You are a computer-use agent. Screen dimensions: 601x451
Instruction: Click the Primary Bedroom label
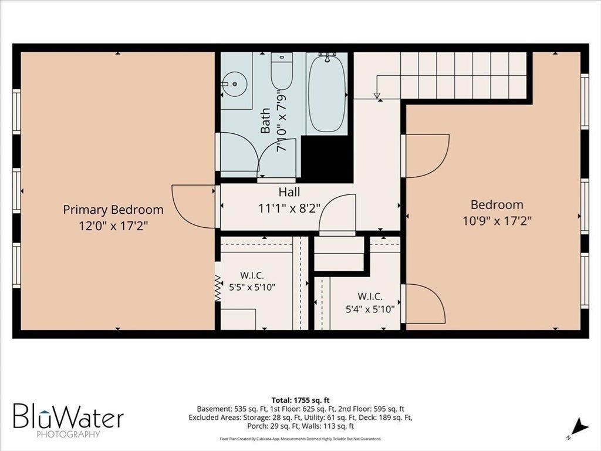[x=113, y=210]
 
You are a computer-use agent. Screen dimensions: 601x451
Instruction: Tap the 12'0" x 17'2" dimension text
[x=113, y=226]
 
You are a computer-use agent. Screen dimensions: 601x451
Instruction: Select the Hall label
[x=289, y=192]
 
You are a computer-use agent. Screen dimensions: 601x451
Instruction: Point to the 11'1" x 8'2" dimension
[x=289, y=208]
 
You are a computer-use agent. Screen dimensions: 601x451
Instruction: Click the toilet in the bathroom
[x=282, y=71]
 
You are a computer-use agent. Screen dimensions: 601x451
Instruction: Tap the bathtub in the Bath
[x=328, y=93]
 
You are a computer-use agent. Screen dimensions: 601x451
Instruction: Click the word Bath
[x=265, y=121]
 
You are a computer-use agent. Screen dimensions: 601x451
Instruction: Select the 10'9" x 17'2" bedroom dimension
[x=497, y=221]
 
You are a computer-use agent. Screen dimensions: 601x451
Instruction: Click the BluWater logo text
[x=68, y=415]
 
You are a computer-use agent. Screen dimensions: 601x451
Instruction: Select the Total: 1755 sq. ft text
[x=300, y=400]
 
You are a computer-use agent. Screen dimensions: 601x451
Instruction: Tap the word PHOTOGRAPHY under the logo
[x=68, y=434]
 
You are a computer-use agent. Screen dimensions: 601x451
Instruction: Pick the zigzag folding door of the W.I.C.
[x=218, y=288]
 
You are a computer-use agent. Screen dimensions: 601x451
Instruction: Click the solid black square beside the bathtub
[x=326, y=159]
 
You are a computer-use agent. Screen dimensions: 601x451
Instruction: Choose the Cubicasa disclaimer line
[x=300, y=439]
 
